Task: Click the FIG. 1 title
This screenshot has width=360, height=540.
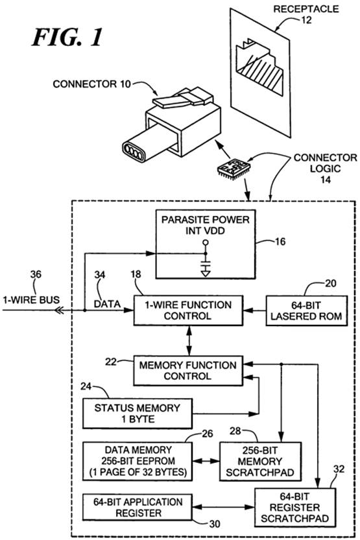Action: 67,37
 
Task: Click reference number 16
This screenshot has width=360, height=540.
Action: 280,242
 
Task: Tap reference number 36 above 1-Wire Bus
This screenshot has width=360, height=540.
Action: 36,274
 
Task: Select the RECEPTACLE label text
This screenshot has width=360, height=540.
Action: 306,8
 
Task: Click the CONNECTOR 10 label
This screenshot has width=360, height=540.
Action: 92,84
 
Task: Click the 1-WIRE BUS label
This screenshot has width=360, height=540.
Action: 31,299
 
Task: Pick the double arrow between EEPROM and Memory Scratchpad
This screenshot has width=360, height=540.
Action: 206,461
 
